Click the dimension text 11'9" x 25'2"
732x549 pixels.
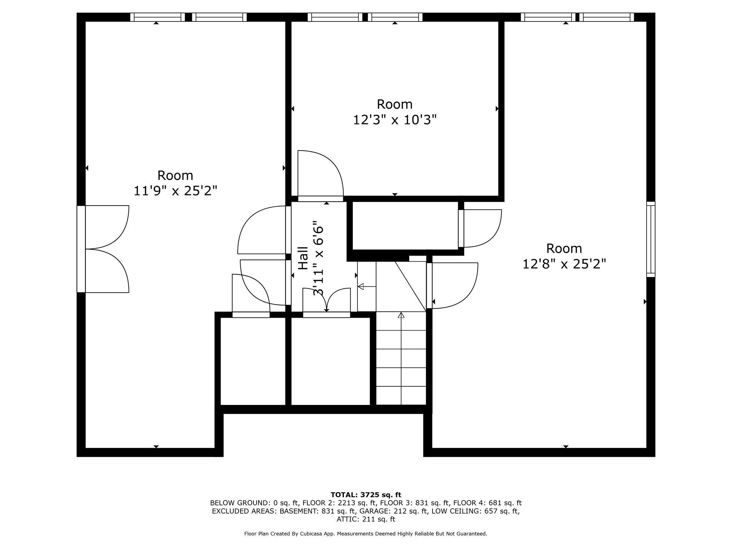point(175,191)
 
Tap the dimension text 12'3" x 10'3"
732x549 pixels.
point(395,120)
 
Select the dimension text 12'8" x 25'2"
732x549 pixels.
point(564,264)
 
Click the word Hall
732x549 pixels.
point(303,258)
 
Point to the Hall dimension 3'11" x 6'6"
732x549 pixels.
point(318,261)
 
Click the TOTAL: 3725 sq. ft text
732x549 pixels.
point(366,495)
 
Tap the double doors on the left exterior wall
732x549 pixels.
point(104,249)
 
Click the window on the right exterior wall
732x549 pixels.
point(651,239)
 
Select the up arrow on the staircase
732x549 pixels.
point(401,315)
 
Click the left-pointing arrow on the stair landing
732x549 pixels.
point(361,286)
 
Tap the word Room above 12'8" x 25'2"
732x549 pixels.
point(564,248)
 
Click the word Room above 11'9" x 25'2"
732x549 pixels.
point(175,175)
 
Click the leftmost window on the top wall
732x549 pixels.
point(157,17)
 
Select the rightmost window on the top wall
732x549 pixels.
point(607,17)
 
